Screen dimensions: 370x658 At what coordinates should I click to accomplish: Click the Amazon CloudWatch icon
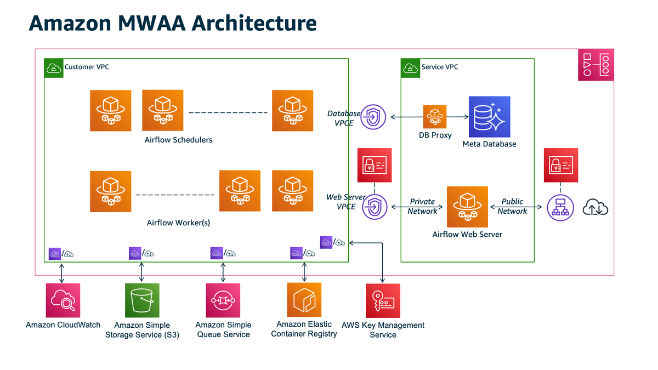click(x=63, y=300)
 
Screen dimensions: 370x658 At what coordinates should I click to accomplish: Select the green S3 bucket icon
click(x=142, y=300)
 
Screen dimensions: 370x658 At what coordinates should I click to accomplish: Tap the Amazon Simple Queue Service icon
click(x=223, y=300)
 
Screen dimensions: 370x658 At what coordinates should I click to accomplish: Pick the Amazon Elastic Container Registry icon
click(x=304, y=300)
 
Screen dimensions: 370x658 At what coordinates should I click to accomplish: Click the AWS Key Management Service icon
click(x=383, y=300)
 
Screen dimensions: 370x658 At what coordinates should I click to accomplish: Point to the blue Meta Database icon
click(x=489, y=117)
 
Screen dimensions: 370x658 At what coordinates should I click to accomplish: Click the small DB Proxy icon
click(x=435, y=117)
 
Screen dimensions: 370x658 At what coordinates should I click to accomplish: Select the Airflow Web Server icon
click(x=467, y=207)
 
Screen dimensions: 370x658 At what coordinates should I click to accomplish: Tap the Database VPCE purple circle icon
click(x=373, y=117)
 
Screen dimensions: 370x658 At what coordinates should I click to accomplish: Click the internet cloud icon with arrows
click(x=595, y=208)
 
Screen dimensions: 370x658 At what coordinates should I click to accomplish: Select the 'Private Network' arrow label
click(x=422, y=206)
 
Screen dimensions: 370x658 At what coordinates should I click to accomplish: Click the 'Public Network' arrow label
click(x=512, y=206)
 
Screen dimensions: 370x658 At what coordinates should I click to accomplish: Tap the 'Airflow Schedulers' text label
click(x=178, y=140)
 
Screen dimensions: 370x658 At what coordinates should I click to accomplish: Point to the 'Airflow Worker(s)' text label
click(x=178, y=223)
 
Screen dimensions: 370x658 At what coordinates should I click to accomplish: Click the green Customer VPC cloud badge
click(x=54, y=67)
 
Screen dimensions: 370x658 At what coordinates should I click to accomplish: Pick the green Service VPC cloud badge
click(x=410, y=67)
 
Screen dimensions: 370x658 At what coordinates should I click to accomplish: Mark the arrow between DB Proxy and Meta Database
click(x=457, y=117)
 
